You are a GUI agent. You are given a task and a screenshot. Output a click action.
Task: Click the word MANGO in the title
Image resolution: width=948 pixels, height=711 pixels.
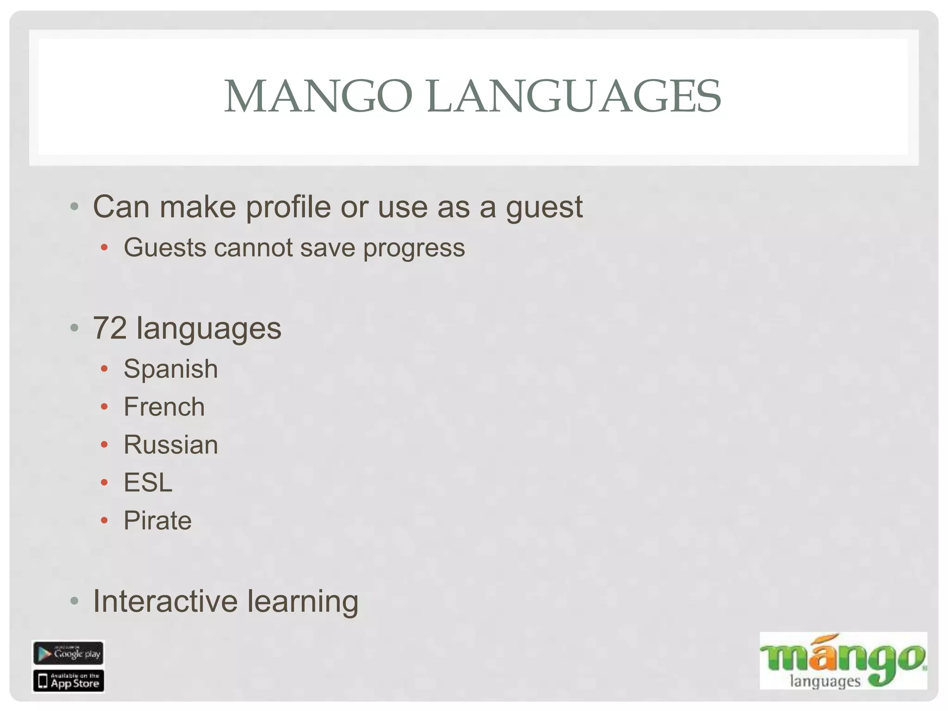[x=318, y=96]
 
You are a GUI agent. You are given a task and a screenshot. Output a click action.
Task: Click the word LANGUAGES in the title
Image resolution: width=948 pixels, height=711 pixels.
[x=574, y=96]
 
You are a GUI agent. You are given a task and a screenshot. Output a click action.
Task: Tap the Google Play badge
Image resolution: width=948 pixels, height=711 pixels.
[x=68, y=653]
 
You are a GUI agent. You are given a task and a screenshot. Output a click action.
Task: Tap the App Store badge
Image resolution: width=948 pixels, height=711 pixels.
[x=68, y=681]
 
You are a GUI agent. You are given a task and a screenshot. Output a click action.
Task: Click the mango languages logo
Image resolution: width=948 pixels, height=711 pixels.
[x=842, y=661]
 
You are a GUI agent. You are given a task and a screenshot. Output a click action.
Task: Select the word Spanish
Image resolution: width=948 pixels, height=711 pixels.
[x=170, y=369]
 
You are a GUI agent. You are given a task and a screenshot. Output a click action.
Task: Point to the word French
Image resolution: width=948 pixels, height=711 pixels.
[x=164, y=407]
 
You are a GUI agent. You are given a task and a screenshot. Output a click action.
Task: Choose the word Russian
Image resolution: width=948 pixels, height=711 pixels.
[x=170, y=445]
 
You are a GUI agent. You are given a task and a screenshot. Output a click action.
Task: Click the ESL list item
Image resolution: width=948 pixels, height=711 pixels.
[x=148, y=483]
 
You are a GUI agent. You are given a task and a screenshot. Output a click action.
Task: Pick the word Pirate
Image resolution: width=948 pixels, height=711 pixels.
[x=157, y=521]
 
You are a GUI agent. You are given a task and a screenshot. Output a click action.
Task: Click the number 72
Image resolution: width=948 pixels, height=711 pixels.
[x=110, y=328]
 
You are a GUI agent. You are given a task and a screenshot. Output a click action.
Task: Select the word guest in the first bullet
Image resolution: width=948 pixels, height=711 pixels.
[x=544, y=207]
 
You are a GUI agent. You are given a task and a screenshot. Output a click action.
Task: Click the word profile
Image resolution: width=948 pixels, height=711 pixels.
[x=288, y=206]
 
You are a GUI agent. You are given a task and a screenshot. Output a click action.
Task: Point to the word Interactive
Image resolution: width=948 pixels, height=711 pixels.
[x=165, y=601]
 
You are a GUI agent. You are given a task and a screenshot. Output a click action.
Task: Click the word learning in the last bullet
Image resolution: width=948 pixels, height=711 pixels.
[x=303, y=602]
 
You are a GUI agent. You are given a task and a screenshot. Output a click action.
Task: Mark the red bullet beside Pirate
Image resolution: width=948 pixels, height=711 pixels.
[x=104, y=521]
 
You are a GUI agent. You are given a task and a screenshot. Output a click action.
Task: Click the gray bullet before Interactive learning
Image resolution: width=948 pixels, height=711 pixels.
[x=74, y=601]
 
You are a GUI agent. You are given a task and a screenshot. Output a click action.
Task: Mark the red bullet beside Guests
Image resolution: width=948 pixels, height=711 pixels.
[x=104, y=248]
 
